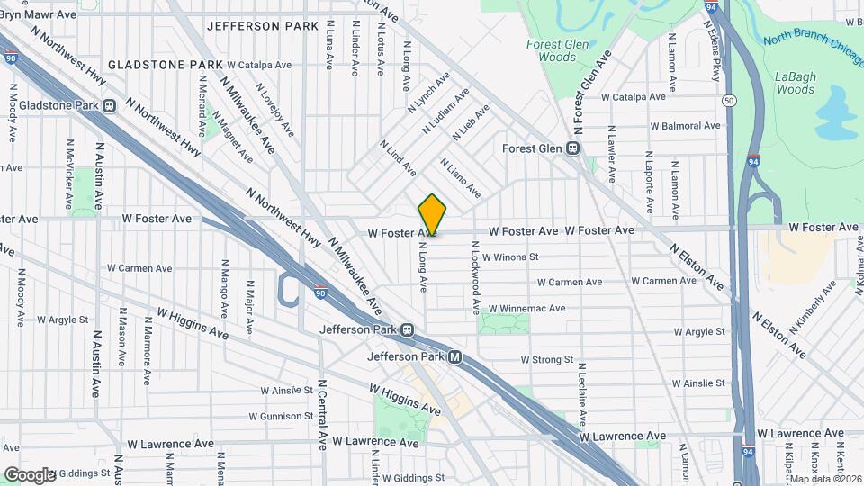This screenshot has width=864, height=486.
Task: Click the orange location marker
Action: (432, 214)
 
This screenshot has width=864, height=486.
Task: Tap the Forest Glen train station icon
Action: (571, 148)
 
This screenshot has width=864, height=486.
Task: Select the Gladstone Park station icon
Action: (109, 105)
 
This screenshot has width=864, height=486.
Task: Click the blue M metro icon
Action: (455, 357)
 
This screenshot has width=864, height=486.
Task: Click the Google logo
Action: (29, 474)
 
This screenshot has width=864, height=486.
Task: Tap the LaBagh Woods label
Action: (795, 83)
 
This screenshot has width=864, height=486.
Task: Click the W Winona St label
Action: (509, 256)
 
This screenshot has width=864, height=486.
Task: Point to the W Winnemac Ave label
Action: (525, 308)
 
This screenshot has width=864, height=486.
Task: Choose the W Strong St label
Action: (546, 360)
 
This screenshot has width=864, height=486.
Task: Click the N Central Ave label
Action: (322, 415)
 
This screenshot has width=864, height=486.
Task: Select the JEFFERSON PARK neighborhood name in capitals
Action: (263, 26)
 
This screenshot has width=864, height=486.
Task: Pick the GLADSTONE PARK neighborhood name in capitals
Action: (165, 66)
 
